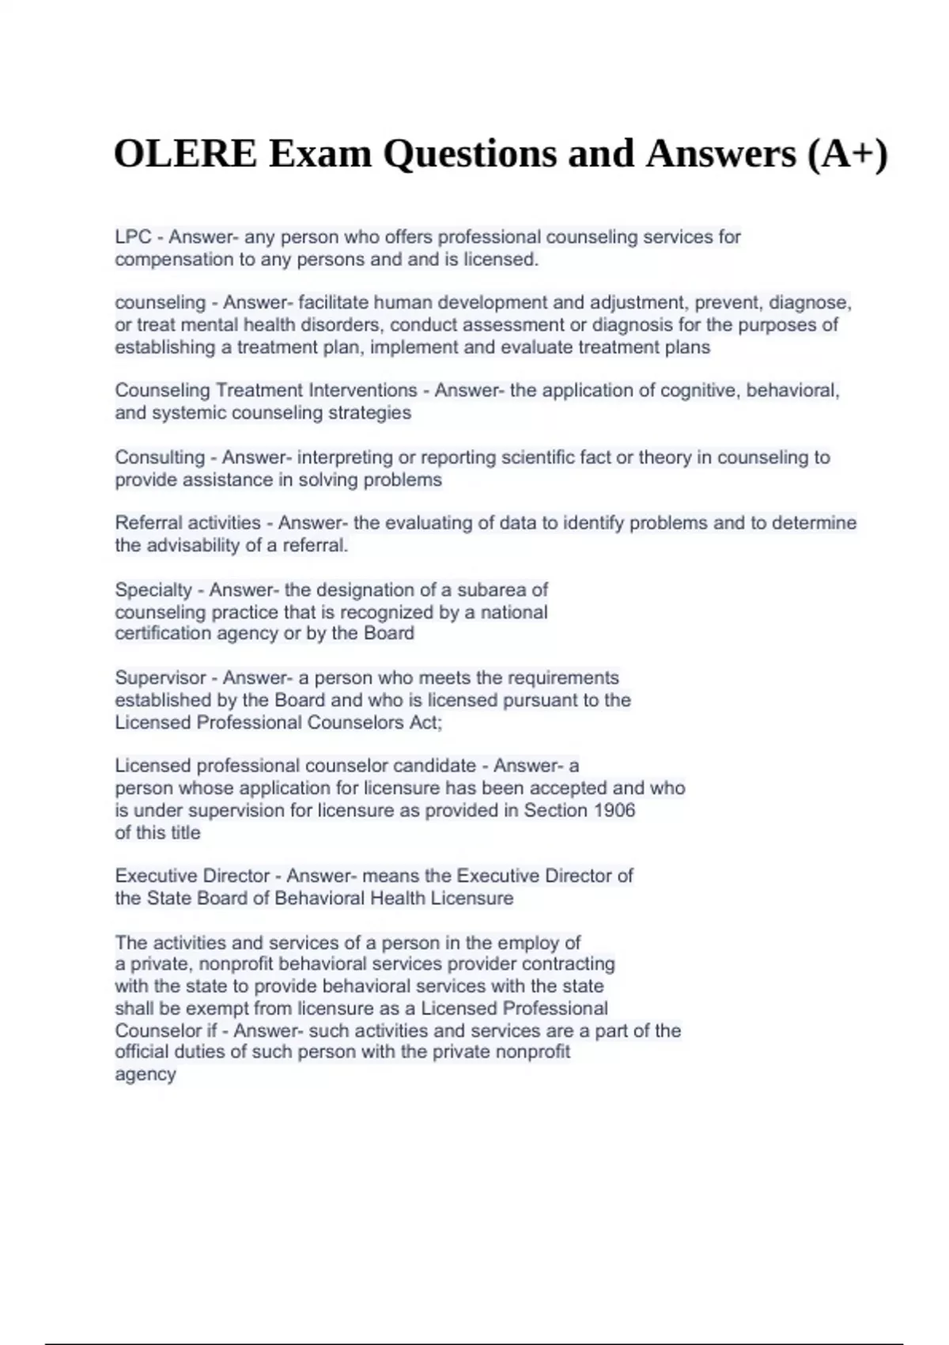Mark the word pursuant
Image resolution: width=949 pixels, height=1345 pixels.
pyautogui.click(x=544, y=700)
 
